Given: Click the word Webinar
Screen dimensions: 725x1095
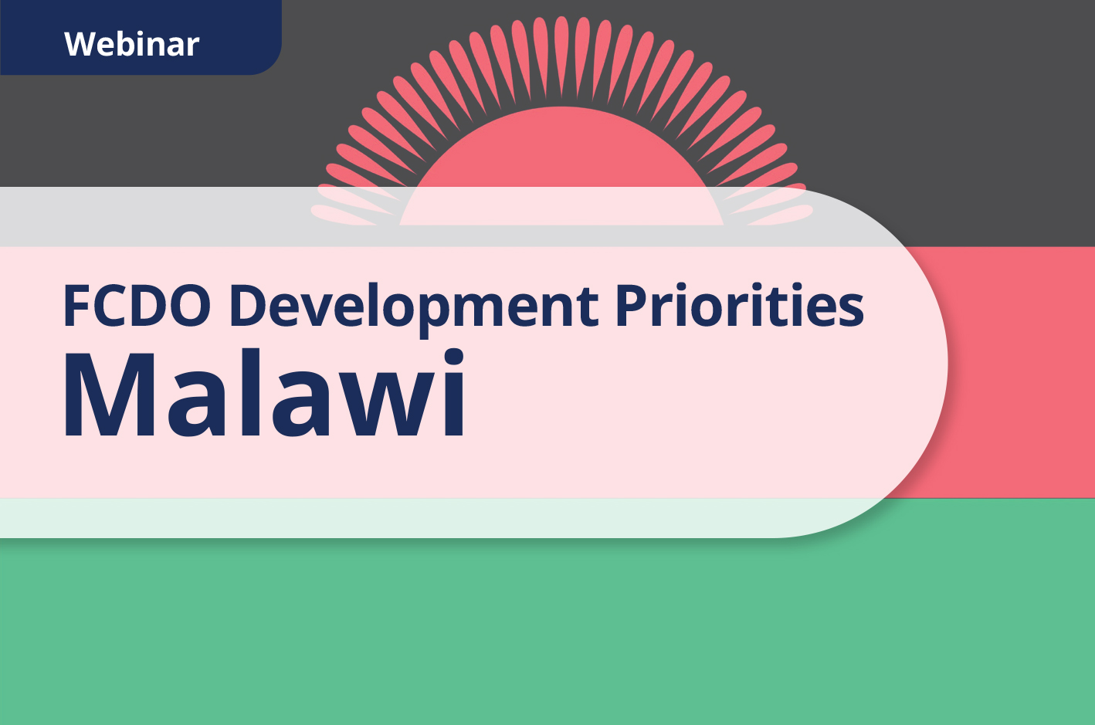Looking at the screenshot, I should [x=132, y=44].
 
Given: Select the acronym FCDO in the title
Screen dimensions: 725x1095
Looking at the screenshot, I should [x=137, y=306].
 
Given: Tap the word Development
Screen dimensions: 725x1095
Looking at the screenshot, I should [x=414, y=306].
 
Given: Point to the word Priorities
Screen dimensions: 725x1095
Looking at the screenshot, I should [x=739, y=306].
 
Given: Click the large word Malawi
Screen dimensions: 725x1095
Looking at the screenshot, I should [x=265, y=395].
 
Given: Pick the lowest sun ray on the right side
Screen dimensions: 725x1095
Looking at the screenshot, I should [x=781, y=214].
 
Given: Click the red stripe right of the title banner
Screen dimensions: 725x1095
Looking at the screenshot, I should [x=1019, y=371].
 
